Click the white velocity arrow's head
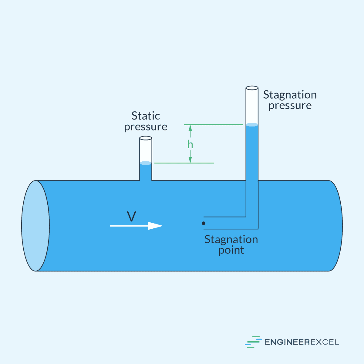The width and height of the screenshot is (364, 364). [x=155, y=226]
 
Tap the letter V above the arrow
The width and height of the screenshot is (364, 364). [x=131, y=216]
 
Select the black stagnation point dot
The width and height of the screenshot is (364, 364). [x=204, y=223]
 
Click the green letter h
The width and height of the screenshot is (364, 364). [x=190, y=144]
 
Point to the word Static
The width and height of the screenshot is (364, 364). [x=146, y=116]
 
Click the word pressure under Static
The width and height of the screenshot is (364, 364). [x=146, y=126]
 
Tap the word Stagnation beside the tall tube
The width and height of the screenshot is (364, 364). [x=290, y=95]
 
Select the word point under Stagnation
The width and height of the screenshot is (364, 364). [x=231, y=250]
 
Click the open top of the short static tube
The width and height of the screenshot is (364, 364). [x=146, y=138]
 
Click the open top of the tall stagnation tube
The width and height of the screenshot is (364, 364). [x=252, y=88]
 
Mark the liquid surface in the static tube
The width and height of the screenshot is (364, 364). [x=146, y=163]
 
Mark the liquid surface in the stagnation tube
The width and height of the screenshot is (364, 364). [x=252, y=125]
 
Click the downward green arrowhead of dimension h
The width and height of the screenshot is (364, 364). [x=190, y=160]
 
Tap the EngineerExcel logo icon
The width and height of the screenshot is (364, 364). [x=253, y=342]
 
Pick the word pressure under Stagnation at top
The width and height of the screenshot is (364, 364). [x=290, y=106]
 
